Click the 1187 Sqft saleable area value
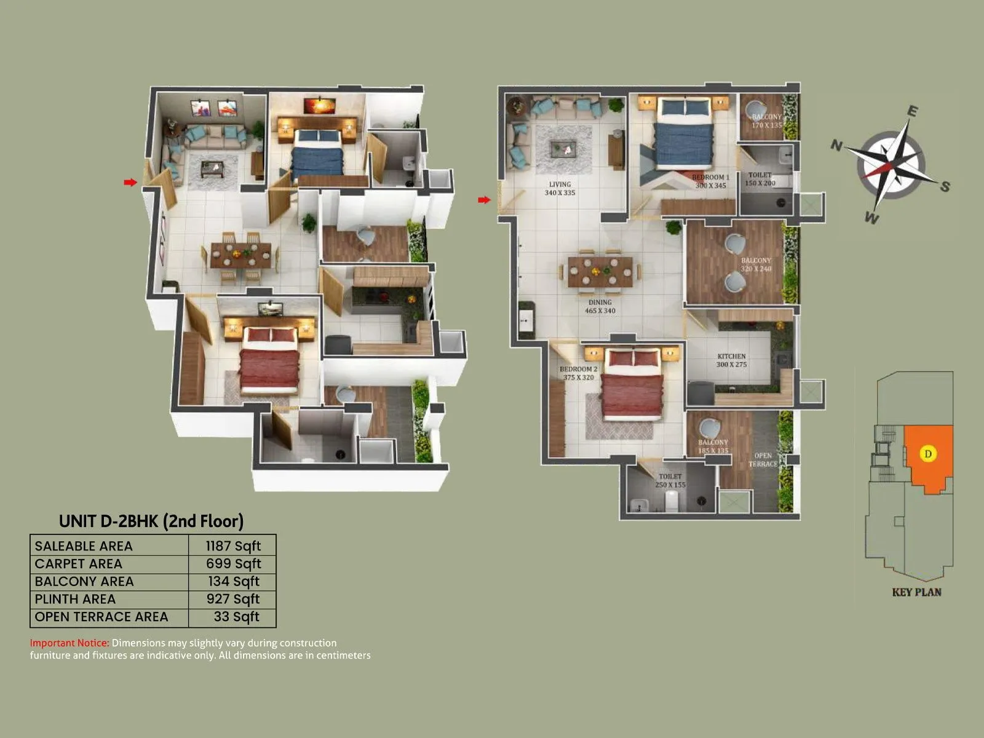coord(233,546)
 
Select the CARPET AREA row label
coord(78,564)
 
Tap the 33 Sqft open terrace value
coord(236,617)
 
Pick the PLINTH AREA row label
coord(75,599)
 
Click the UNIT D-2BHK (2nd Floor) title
coord(151,522)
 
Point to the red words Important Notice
coord(69,643)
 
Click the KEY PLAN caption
coord(916,592)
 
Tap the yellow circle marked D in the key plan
coord(928,454)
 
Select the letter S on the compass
coord(945,186)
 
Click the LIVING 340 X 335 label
coord(560,189)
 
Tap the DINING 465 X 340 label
coord(600,306)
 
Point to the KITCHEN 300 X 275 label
coord(731,360)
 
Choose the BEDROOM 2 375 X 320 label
coord(578,373)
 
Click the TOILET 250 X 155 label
coord(670,480)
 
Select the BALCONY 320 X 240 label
coord(756,264)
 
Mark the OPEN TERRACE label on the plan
coord(763,460)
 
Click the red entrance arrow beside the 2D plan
coord(485,200)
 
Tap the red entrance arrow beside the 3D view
coord(130,182)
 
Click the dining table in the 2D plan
coord(600,271)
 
